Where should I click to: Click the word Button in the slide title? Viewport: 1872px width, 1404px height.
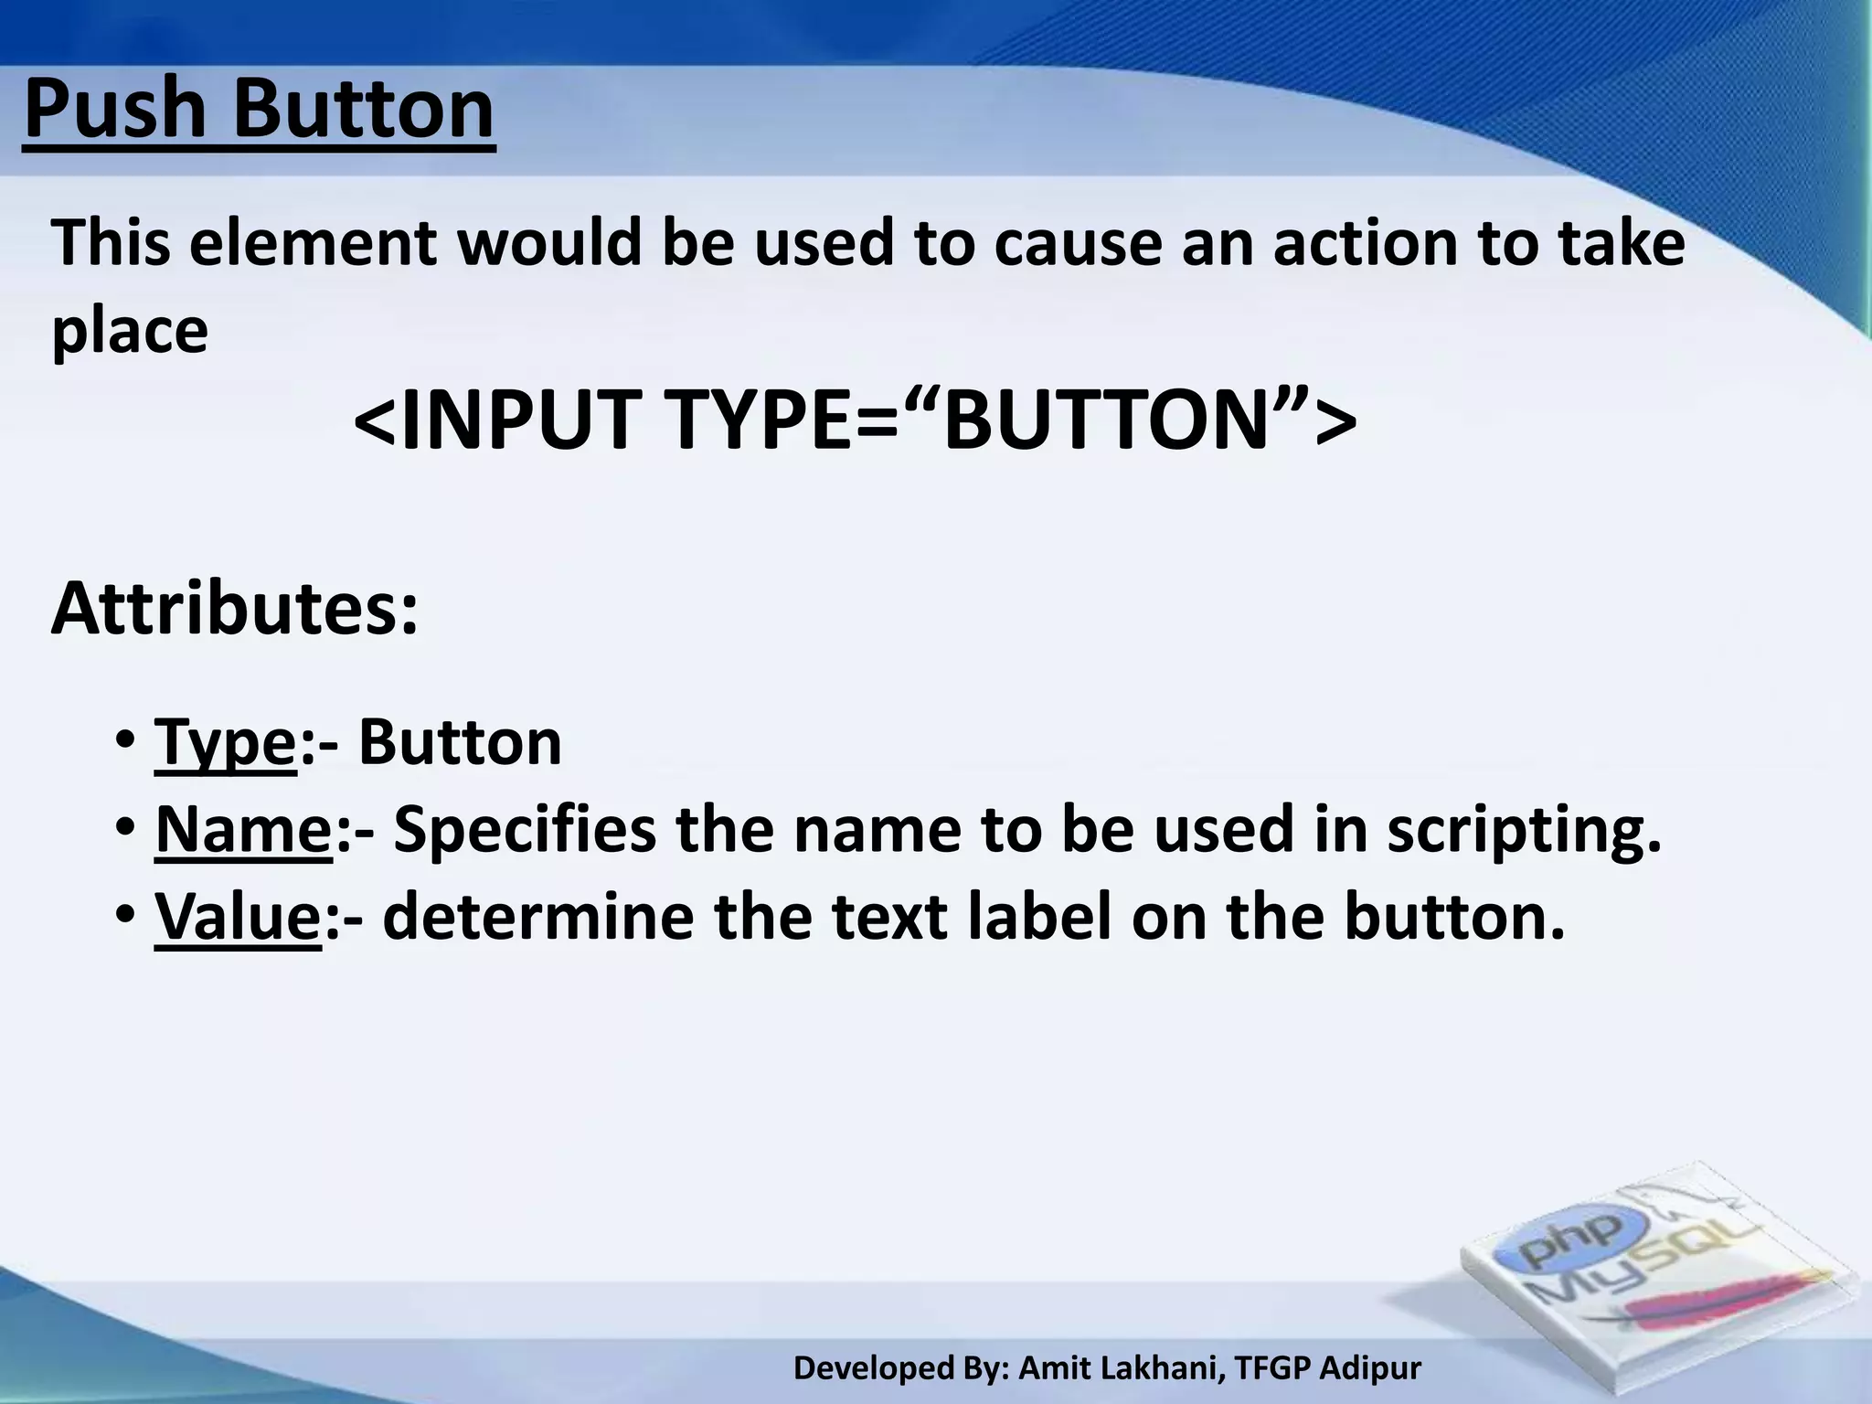coord(364,110)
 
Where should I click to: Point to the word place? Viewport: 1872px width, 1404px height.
coord(130,331)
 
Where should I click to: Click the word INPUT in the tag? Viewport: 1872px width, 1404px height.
coord(516,420)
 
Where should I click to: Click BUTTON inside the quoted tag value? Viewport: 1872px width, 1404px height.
coord(1107,420)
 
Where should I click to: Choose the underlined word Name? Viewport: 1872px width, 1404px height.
coord(243,831)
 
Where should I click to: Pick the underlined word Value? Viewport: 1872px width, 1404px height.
coord(238,918)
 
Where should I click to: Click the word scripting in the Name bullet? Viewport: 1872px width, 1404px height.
coord(1523,833)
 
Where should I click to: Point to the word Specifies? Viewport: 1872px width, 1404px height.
coord(525,833)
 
